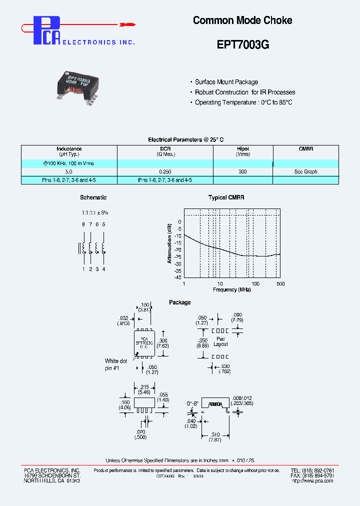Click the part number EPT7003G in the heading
(x=243, y=44)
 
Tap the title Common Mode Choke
(x=242, y=20)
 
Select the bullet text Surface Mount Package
(x=226, y=82)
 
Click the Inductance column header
(x=69, y=149)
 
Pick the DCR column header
(x=165, y=149)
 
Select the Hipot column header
(x=243, y=149)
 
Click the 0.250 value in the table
(x=165, y=171)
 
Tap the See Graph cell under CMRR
(x=305, y=171)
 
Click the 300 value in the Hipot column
(x=243, y=171)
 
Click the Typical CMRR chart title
(x=226, y=197)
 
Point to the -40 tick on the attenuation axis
(x=178, y=277)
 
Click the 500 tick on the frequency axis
(x=280, y=283)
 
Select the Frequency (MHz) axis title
(x=231, y=289)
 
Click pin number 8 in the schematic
(x=83, y=224)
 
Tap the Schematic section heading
(x=93, y=197)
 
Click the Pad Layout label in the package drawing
(x=220, y=341)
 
